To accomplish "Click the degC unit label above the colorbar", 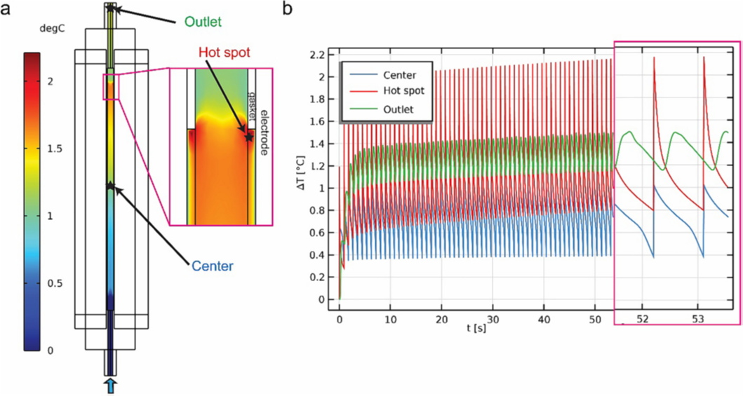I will click(36, 32).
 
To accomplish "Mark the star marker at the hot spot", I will click(248, 137).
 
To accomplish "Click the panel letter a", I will click(8, 9).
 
